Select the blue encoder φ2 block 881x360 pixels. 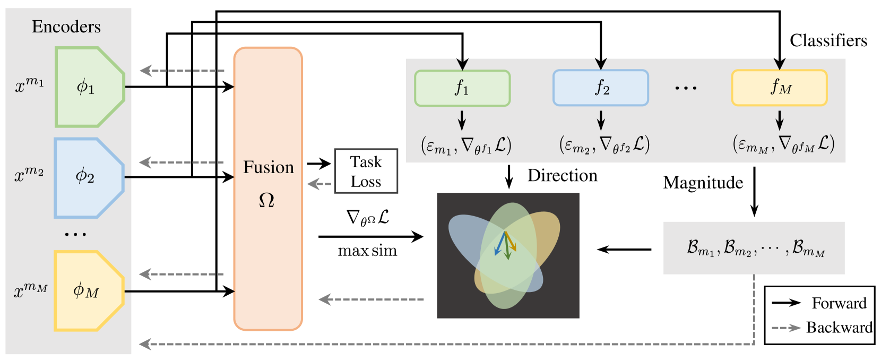(88, 177)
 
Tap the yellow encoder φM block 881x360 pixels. (88, 291)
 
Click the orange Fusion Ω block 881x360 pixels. (268, 188)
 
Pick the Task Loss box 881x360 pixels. (366, 171)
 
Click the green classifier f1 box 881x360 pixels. (462, 88)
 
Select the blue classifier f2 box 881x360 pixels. (600, 88)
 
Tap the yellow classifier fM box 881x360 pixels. (779, 88)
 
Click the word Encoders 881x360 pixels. (66, 27)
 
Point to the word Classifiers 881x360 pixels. (828, 40)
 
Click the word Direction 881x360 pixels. (562, 176)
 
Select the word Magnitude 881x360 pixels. (703, 183)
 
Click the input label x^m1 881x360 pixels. (30, 85)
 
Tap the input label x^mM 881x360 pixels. (30, 290)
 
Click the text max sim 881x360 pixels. (367, 251)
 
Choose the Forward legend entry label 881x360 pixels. (839, 303)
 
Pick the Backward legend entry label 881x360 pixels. (839, 327)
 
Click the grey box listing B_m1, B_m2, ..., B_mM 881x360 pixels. (754, 248)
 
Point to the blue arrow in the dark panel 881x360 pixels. (499, 244)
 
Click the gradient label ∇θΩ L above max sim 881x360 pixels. (367, 218)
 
